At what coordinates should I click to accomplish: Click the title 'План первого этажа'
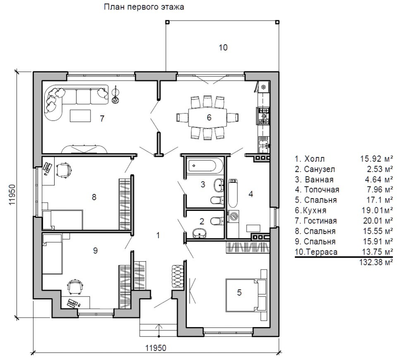144,7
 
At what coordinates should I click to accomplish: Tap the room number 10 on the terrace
223,48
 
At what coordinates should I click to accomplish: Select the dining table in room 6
208,117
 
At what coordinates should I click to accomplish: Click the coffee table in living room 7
80,116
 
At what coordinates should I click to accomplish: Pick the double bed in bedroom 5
246,295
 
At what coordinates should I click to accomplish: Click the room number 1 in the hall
158,235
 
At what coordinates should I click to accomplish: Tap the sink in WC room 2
199,233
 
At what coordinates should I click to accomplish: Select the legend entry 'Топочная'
321,190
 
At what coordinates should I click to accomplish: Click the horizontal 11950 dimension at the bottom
156,348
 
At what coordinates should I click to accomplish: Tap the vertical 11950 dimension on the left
12,195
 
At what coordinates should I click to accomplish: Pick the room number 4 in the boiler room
251,194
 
